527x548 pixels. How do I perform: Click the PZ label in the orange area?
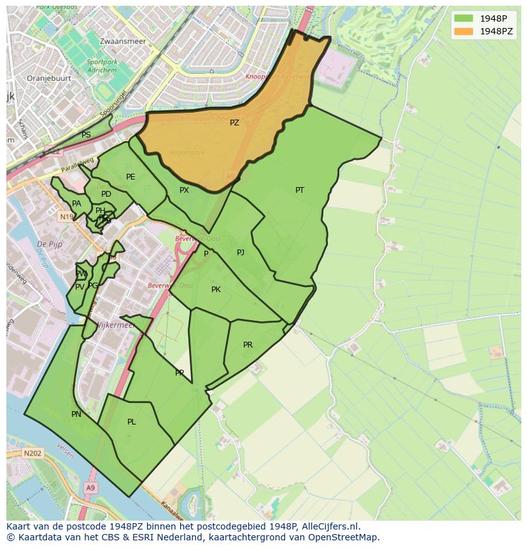coord(234,123)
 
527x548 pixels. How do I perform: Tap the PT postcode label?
coord(300,190)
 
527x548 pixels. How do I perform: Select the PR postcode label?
coord(248,345)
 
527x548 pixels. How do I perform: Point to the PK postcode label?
coord(216,290)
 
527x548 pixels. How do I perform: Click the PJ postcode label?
coord(241,253)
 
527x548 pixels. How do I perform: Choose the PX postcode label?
coord(184,190)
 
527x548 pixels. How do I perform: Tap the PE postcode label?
coord(130,177)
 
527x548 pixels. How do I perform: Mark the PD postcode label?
coord(106,194)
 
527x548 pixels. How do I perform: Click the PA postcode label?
coord(76,204)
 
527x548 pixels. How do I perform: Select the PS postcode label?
coord(86,135)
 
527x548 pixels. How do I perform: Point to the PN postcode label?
coord(76,414)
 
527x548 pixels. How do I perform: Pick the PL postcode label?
coord(131,422)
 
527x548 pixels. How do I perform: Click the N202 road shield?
coord(32,453)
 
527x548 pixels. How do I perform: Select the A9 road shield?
coord(90,488)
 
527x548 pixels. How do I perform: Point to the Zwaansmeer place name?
coord(123,41)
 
